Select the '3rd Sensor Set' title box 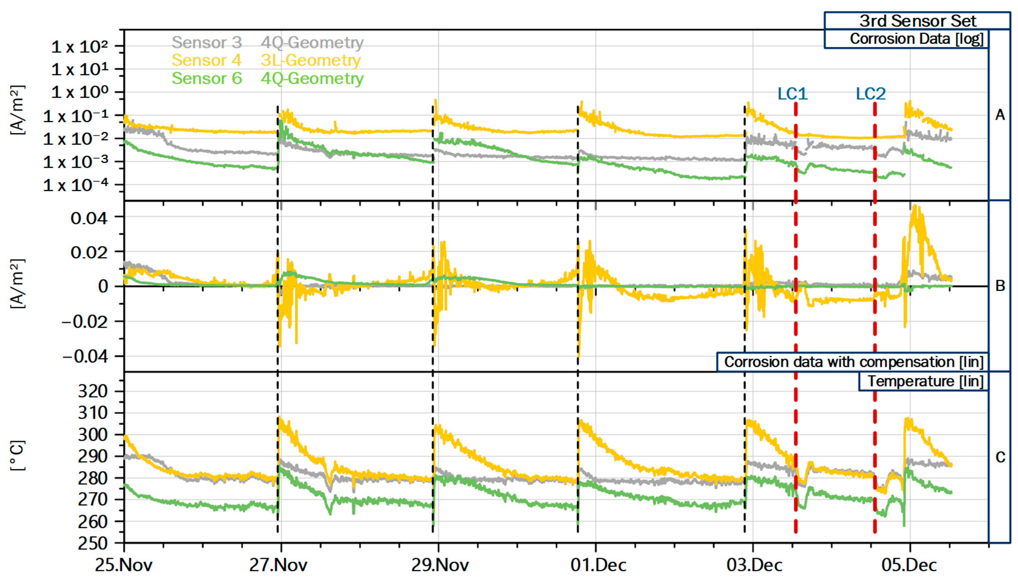[x=917, y=21]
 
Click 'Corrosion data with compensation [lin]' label [x=853, y=362]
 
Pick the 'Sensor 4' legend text [x=207, y=60]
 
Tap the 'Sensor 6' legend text [x=207, y=78]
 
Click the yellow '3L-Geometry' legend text [x=311, y=60]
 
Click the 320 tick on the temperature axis [x=93, y=391]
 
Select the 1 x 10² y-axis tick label [x=80, y=47]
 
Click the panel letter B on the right [x=1000, y=286]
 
